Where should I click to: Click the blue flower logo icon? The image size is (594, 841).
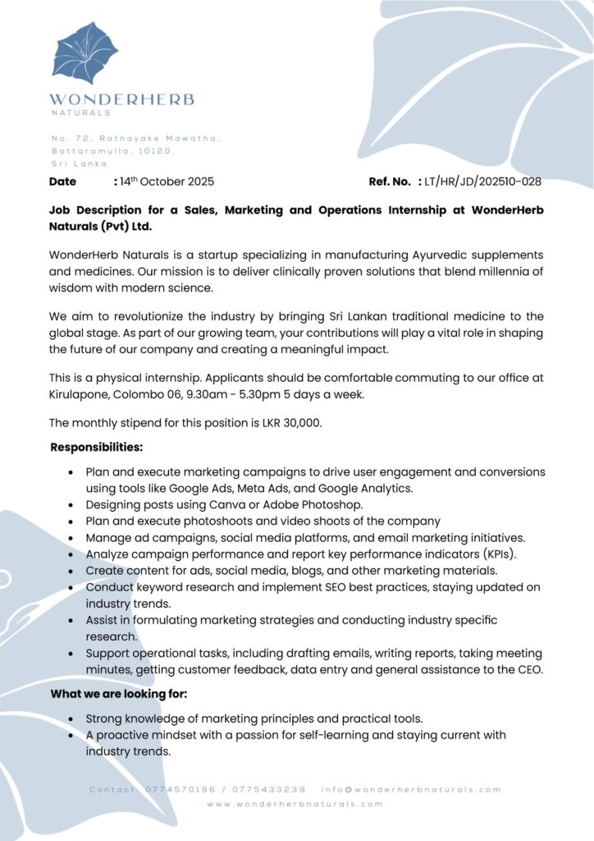tap(85, 53)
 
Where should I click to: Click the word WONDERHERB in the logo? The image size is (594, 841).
tap(122, 100)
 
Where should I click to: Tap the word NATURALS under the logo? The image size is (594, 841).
tap(80, 113)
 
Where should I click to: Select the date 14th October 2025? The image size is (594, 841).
tap(167, 182)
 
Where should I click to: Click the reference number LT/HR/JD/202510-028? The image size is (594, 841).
tap(483, 182)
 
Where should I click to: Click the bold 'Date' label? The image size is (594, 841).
tap(62, 182)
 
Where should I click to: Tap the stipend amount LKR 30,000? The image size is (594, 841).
tap(289, 423)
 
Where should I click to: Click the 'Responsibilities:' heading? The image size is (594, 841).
tap(97, 448)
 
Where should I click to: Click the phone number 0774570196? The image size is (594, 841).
tap(180, 790)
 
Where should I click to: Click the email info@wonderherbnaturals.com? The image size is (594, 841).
tap(411, 790)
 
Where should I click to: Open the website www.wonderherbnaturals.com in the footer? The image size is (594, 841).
tap(295, 804)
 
